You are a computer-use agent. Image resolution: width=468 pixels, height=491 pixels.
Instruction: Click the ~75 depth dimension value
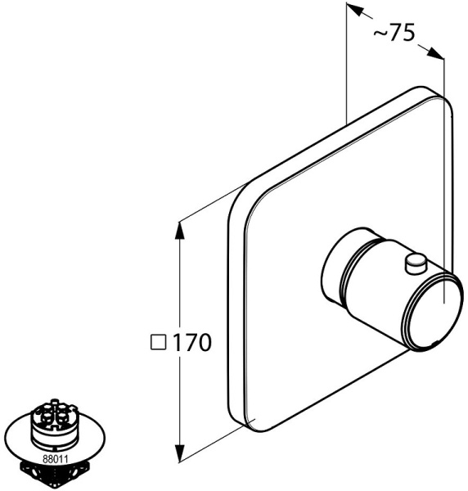coord(394,32)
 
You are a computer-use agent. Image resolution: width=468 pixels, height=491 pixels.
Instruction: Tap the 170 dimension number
coord(191,342)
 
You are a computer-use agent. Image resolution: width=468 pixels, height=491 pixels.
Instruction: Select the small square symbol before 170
coord(159,342)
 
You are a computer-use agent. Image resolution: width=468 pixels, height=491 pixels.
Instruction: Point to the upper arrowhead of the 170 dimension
coord(179,231)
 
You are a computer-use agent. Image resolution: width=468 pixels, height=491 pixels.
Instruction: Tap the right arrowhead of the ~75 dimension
coord(436,53)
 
